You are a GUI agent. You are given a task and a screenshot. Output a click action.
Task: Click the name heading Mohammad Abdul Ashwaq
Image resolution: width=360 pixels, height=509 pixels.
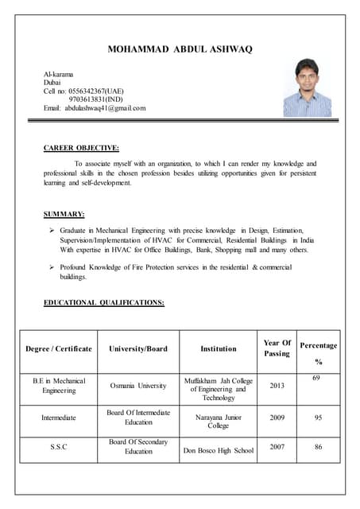180,49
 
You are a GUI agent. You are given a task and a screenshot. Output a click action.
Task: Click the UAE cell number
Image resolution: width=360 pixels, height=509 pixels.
95,90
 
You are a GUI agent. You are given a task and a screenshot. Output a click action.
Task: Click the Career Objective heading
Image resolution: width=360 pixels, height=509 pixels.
81,147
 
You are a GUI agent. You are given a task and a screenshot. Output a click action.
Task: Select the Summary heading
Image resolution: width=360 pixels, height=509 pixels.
64,214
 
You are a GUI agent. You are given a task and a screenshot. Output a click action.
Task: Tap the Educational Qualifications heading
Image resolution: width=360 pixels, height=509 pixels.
103,302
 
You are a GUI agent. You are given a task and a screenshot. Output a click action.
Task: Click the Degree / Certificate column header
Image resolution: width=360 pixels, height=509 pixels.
59,348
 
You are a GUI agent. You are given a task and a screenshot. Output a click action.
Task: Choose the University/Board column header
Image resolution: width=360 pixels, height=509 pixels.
138,348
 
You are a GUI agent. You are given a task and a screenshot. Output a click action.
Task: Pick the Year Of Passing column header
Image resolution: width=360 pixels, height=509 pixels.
277,348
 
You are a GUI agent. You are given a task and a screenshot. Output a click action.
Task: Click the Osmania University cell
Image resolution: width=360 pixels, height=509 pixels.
138,386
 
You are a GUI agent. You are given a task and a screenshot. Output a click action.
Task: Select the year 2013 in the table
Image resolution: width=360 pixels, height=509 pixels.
277,386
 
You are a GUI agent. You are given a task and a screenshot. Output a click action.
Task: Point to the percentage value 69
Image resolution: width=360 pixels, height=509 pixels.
316,377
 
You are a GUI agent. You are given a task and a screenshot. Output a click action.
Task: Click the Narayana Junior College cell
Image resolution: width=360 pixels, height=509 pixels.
218,421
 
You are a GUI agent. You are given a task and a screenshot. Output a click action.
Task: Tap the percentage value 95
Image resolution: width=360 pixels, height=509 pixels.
318,417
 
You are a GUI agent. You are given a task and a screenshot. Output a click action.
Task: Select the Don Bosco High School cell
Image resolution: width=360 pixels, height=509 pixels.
218,451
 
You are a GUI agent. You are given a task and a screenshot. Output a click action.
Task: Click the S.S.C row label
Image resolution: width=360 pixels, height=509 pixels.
59,447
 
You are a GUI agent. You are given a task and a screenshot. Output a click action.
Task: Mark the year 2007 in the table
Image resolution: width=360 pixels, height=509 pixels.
277,447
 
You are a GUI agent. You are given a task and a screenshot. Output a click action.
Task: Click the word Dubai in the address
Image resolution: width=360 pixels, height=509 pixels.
52,81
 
